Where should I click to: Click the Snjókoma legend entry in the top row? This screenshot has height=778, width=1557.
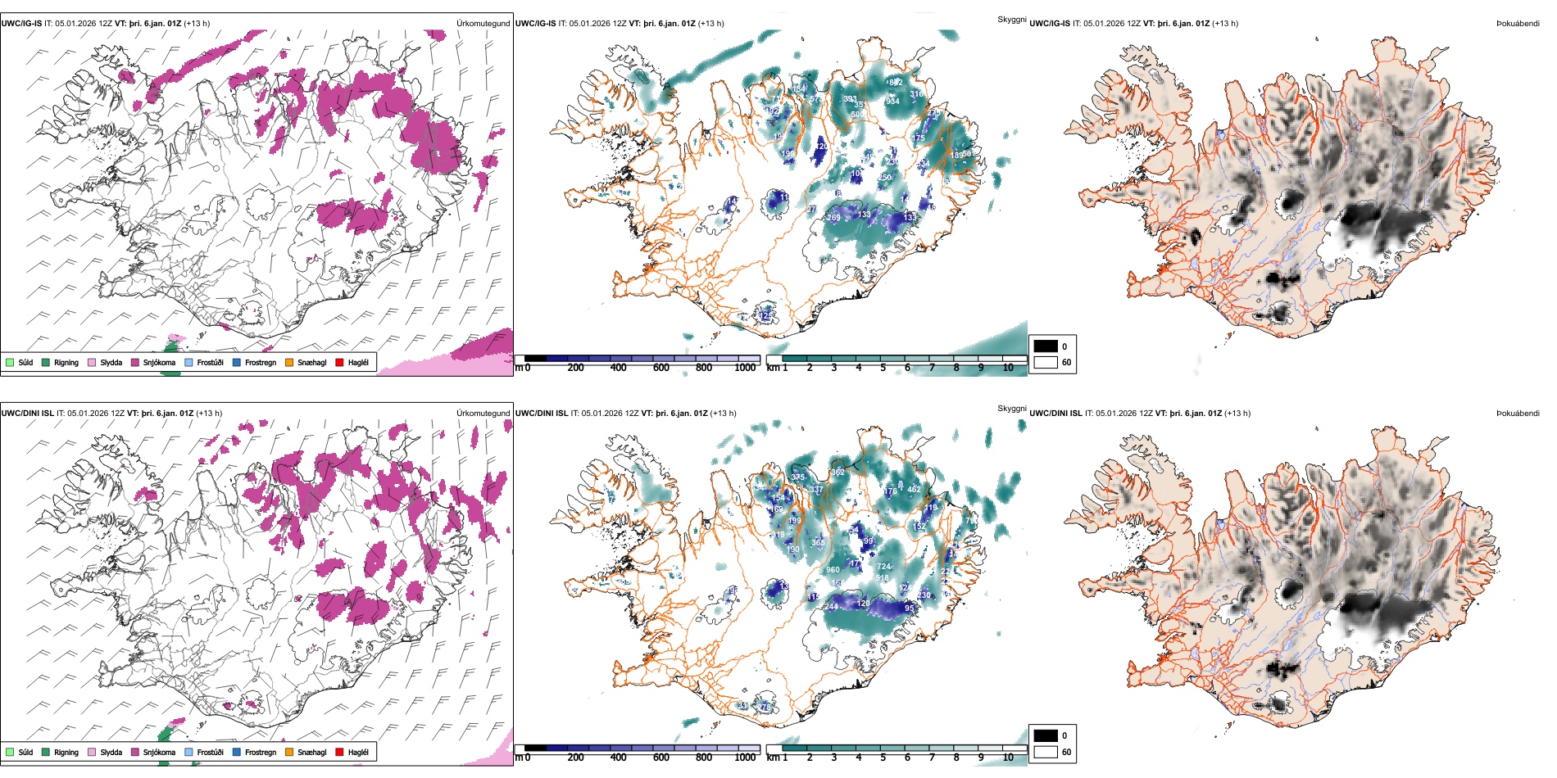[159, 362]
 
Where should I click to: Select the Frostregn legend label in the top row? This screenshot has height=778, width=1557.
[260, 362]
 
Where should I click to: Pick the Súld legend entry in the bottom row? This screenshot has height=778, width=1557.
[25, 752]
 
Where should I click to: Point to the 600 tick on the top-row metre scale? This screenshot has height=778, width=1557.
[660, 368]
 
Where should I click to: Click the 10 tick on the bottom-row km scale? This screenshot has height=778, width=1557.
[1008, 758]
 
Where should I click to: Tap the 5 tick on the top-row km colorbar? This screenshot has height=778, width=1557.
[883, 368]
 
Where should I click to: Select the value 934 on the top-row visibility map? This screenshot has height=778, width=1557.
[892, 102]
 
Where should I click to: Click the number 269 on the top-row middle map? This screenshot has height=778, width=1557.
[833, 218]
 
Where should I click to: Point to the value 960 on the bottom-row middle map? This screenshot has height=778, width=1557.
[833, 570]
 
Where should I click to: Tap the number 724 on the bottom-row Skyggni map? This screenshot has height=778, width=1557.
[883, 567]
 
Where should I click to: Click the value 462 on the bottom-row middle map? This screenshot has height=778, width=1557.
[914, 490]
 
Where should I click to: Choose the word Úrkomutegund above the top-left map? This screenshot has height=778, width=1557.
[483, 24]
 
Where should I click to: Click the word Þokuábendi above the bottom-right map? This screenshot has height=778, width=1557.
[1518, 414]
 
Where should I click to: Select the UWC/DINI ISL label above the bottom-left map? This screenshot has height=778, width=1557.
[27, 414]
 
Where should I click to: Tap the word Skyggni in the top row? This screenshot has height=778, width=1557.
[1011, 19]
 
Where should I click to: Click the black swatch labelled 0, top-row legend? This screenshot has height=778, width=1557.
[1046, 346]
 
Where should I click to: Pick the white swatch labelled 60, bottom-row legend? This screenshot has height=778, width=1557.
[1046, 752]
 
